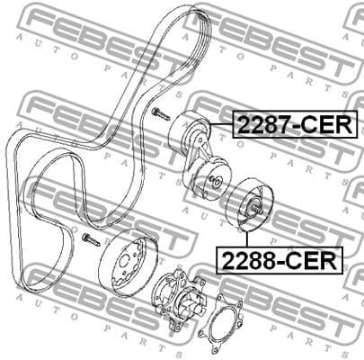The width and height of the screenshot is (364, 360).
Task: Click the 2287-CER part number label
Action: (295, 123)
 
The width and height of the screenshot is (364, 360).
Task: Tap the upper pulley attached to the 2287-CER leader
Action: (190, 134)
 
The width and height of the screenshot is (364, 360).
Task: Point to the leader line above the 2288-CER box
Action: (250, 236)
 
